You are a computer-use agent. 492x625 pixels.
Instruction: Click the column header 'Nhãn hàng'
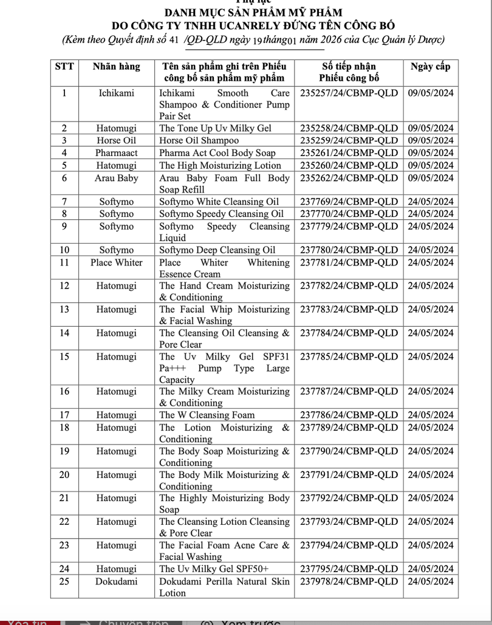[116, 67]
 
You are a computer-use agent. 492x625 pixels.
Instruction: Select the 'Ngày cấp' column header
[430, 67]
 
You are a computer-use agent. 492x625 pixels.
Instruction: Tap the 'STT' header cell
[64, 67]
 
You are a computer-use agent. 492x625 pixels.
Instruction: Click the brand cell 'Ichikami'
[116, 94]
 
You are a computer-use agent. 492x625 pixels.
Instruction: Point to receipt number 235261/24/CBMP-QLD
[349, 153]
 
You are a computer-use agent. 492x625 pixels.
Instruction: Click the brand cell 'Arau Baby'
[116, 179]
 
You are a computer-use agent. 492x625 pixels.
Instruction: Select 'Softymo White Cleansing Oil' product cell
[219, 202]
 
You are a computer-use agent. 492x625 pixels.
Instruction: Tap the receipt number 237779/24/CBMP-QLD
[349, 227]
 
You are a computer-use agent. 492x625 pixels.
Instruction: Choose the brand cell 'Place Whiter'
[116, 263]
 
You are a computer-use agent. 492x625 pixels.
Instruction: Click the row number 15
[64, 357]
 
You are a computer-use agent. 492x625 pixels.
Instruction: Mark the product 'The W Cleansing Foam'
[207, 415]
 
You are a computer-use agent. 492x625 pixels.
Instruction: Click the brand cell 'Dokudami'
[116, 582]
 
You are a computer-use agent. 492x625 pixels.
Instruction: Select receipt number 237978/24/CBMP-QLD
[349, 582]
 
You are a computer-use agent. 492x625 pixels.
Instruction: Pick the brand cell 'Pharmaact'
[116, 153]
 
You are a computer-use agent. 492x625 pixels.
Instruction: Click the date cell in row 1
[430, 94]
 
